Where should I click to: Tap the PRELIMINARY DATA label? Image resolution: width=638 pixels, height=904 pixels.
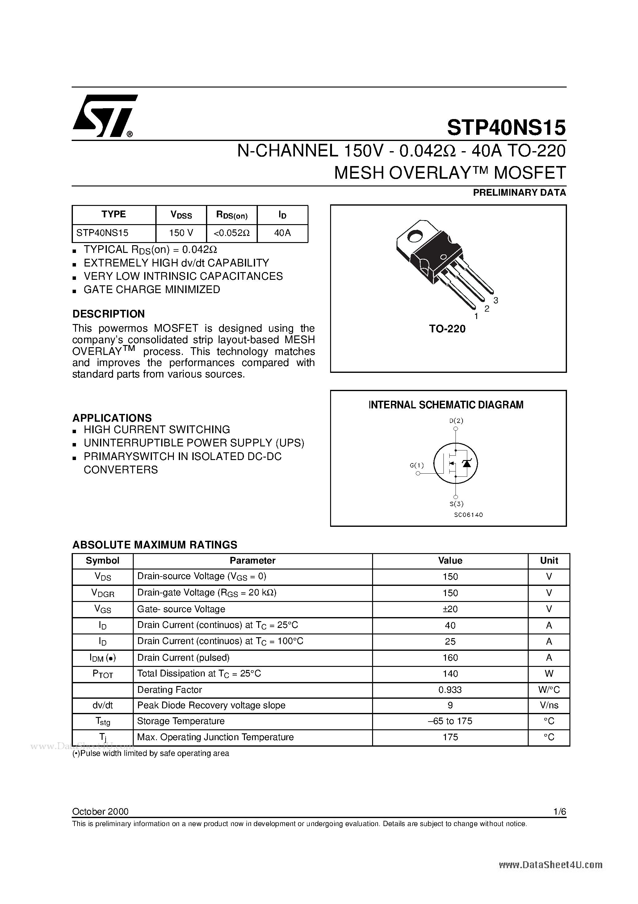(x=519, y=193)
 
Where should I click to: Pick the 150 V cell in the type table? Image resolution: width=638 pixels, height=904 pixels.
(x=181, y=233)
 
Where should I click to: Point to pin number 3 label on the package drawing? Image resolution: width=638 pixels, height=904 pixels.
(x=496, y=301)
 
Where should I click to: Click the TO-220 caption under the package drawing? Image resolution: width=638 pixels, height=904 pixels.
(x=447, y=329)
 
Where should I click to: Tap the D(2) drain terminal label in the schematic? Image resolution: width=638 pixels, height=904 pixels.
(x=456, y=420)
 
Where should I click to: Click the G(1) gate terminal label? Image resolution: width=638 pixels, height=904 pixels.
(x=417, y=465)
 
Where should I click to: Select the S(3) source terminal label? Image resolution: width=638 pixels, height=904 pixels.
(x=456, y=504)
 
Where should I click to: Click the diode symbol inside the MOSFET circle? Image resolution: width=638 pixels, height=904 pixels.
(x=467, y=463)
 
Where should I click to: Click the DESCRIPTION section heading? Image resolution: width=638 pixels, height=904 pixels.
(x=109, y=314)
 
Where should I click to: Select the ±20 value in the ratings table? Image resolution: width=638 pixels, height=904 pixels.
(x=450, y=609)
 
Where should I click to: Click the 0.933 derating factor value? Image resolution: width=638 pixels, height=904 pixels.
(x=450, y=690)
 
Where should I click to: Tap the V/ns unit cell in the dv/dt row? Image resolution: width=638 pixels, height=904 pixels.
(x=549, y=706)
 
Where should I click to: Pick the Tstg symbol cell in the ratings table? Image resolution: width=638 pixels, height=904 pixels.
(x=103, y=722)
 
